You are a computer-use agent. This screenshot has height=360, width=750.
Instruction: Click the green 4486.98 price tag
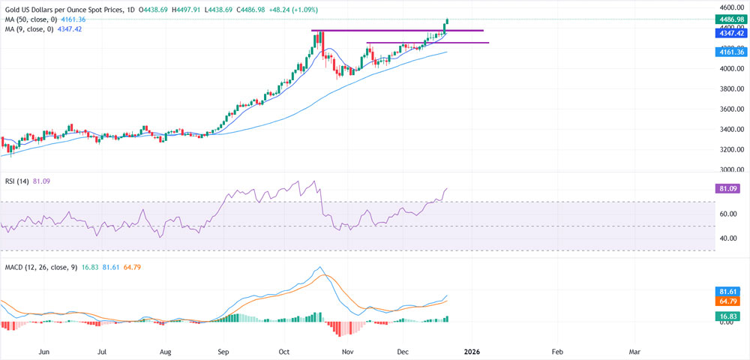[731, 20]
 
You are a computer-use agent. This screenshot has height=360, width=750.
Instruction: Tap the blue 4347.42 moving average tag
[731, 34]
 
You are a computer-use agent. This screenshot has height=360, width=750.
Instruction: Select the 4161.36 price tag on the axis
[731, 52]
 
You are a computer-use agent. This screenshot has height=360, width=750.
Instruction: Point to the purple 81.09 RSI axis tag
[731, 190]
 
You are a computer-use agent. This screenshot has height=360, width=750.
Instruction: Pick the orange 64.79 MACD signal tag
[731, 301]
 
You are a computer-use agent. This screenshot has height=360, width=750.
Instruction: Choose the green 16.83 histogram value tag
[731, 316]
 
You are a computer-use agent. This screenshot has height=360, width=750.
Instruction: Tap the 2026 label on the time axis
[471, 351]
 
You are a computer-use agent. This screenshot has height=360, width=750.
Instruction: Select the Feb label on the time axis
[557, 351]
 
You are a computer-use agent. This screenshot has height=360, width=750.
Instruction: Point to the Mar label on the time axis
[634, 351]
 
